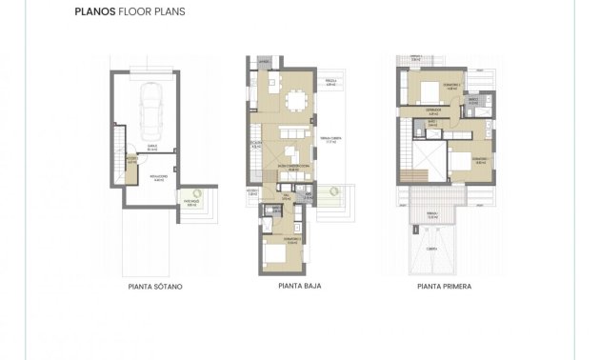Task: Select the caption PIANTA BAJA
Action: pyautogui.click(x=298, y=285)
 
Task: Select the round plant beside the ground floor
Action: pyautogui.click(x=333, y=191)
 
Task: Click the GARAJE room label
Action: pyautogui.click(x=152, y=146)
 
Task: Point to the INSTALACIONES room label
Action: pyautogui.click(x=157, y=177)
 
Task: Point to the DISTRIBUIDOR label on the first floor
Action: pyautogui.click(x=431, y=110)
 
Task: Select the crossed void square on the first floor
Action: pyautogui.click(x=425, y=151)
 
